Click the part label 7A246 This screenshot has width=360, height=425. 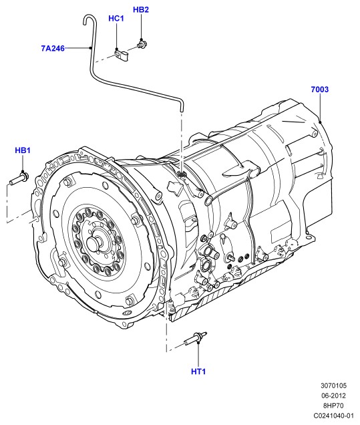pyautogui.click(x=53, y=48)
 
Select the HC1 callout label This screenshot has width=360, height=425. pyautogui.click(x=116, y=19)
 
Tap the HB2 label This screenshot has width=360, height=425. pyautogui.click(x=141, y=10)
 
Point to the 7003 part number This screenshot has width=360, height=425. pyautogui.click(x=320, y=90)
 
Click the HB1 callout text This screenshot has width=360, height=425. pyautogui.click(x=23, y=150)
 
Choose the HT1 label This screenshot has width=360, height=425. pyautogui.click(x=198, y=372)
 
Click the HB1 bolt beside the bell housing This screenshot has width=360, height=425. pyautogui.click(x=19, y=180)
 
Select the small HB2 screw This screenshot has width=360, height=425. pyautogui.click(x=142, y=44)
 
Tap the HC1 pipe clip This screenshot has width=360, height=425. pyautogui.click(x=121, y=55)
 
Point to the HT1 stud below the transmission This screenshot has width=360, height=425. pyautogui.click(x=196, y=338)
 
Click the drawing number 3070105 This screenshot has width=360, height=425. pyautogui.click(x=334, y=386)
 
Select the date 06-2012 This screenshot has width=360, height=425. pyautogui.click(x=334, y=396)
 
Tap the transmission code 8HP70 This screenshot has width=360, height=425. pyautogui.click(x=333, y=406)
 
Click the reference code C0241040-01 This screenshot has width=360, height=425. pyautogui.click(x=334, y=416)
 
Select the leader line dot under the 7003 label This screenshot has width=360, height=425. pyautogui.click(x=320, y=122)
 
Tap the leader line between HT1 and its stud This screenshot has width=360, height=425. pyautogui.click(x=198, y=354)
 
